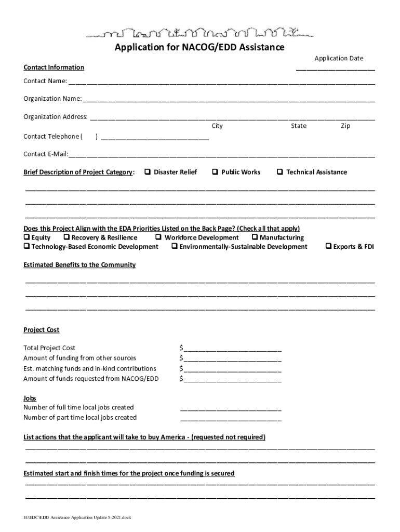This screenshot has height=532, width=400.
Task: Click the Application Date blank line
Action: [x=335, y=68]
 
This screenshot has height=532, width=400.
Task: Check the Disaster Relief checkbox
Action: [x=148, y=172]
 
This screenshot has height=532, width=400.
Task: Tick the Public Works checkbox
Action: [x=215, y=172]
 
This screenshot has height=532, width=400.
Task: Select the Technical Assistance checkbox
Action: [x=280, y=172]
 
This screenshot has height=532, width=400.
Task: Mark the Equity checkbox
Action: [x=27, y=237]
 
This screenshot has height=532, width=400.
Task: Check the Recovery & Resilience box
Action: [x=66, y=237]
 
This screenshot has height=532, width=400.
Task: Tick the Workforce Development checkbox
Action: [x=158, y=237]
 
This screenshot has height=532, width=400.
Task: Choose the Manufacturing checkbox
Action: [x=255, y=237]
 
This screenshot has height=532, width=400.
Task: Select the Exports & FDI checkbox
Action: [x=328, y=246]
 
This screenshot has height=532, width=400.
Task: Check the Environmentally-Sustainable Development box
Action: [x=175, y=246]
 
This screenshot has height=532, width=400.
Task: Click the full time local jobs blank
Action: [x=231, y=408]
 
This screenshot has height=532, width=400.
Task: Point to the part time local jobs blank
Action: [x=231, y=419]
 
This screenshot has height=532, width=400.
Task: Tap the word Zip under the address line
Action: [x=345, y=126]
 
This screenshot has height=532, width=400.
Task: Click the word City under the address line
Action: [x=217, y=126]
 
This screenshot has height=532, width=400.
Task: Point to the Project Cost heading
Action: [x=42, y=330]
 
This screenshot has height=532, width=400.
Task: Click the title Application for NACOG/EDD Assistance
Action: [x=199, y=48]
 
